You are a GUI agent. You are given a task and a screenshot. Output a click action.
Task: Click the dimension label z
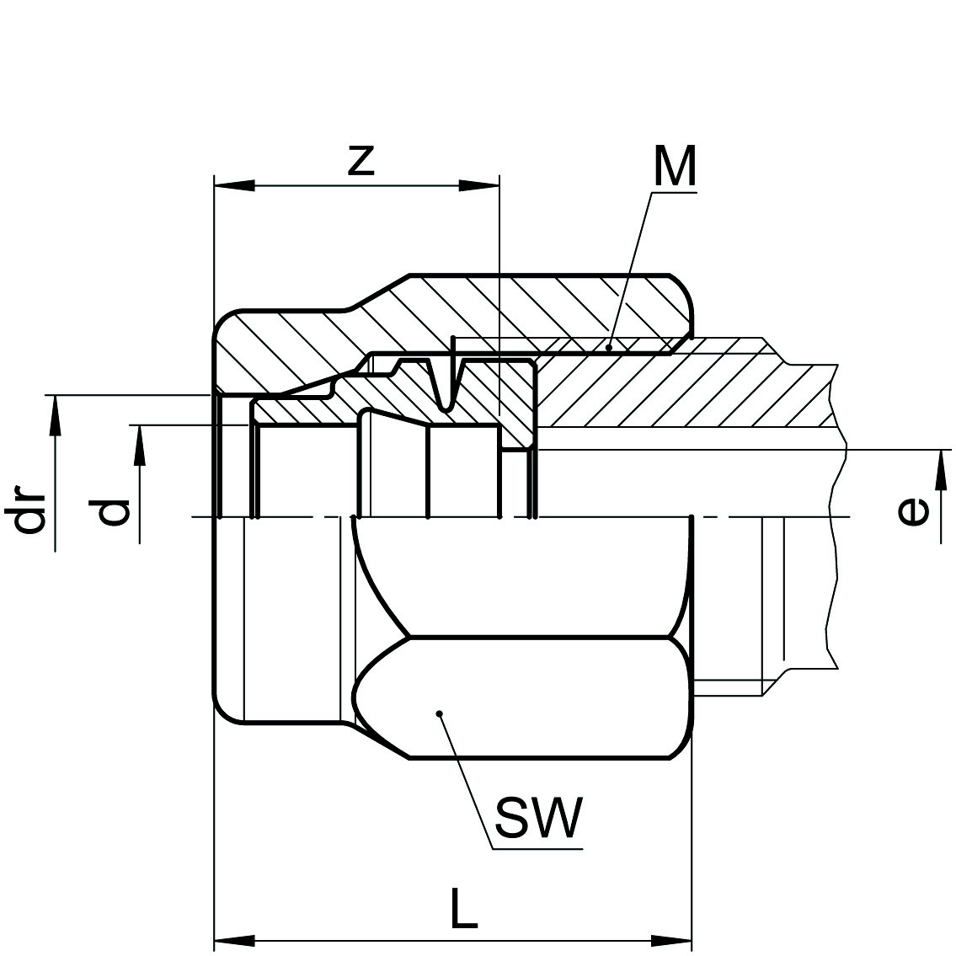361,160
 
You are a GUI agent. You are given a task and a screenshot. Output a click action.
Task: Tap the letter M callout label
674,166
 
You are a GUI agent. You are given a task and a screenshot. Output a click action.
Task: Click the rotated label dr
31,510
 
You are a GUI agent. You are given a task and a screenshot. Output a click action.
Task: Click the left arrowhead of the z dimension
234,185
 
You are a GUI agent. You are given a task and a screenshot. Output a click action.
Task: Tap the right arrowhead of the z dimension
479,185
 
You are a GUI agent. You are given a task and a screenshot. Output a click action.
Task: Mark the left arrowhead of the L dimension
234,939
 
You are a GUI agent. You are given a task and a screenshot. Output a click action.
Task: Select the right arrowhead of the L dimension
670,939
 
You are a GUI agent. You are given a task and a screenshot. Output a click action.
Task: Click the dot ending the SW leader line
440,714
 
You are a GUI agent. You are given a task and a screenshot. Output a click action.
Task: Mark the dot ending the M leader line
610,344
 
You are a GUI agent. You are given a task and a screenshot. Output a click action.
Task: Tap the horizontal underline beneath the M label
674,193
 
